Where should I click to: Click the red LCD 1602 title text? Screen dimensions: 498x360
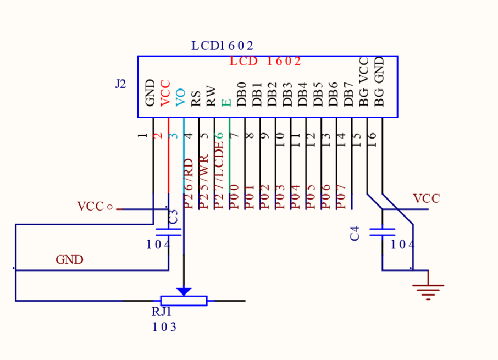(x=265, y=61)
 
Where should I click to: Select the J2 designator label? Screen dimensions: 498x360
(x=121, y=84)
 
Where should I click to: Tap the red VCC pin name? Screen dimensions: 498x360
(x=165, y=93)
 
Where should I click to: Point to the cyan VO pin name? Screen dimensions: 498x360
(x=180, y=97)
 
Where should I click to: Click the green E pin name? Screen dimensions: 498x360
(x=226, y=103)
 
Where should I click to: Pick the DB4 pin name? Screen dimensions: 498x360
(x=302, y=95)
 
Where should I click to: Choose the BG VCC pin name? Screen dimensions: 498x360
(x=363, y=82)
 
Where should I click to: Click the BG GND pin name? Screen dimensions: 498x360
(x=379, y=81)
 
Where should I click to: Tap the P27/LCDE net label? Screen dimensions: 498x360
(x=219, y=175)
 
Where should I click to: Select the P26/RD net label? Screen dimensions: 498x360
(x=189, y=184)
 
